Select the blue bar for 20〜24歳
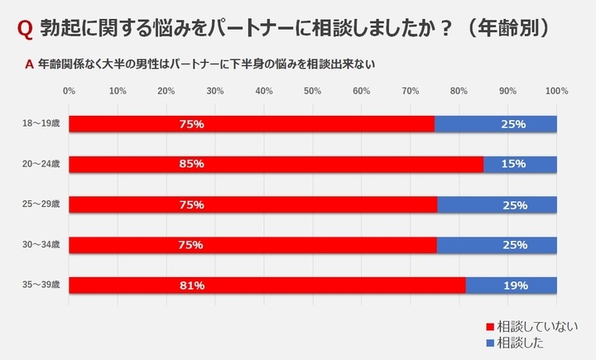click(x=520, y=164)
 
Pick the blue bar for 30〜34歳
click(x=497, y=245)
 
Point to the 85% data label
click(x=191, y=164)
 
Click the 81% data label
click(x=191, y=286)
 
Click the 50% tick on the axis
click(x=313, y=90)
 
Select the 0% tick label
click(x=69, y=90)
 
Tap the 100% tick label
click(x=556, y=90)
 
